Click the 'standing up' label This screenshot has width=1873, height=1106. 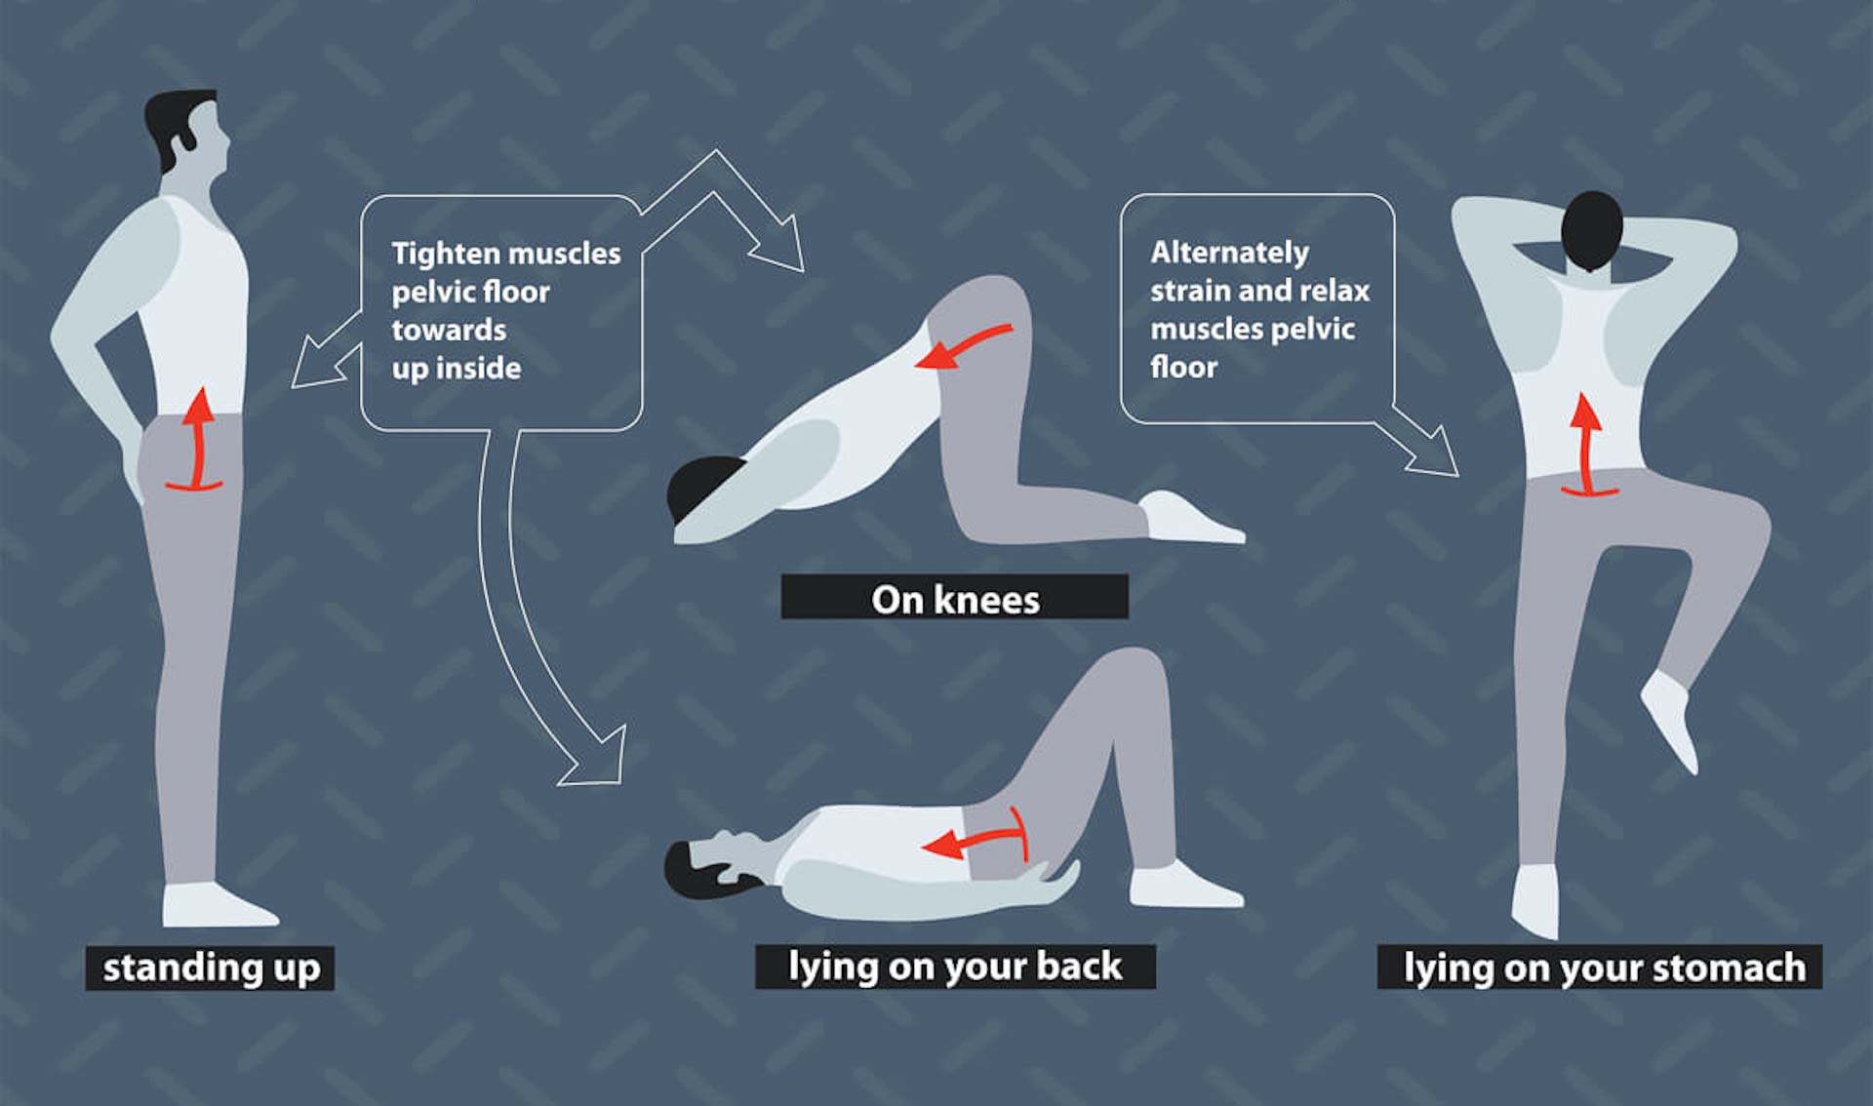pos(210,968)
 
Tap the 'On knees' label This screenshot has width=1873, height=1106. pos(955,597)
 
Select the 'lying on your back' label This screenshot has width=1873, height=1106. pos(955,966)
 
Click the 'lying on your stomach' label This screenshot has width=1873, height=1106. pos(1600,967)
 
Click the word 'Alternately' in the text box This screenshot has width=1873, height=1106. pos(1229,252)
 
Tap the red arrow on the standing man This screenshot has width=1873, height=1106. pos(197,439)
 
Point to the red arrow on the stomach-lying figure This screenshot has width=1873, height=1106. pos(1587,445)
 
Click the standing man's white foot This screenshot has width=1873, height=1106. pos(217,905)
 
